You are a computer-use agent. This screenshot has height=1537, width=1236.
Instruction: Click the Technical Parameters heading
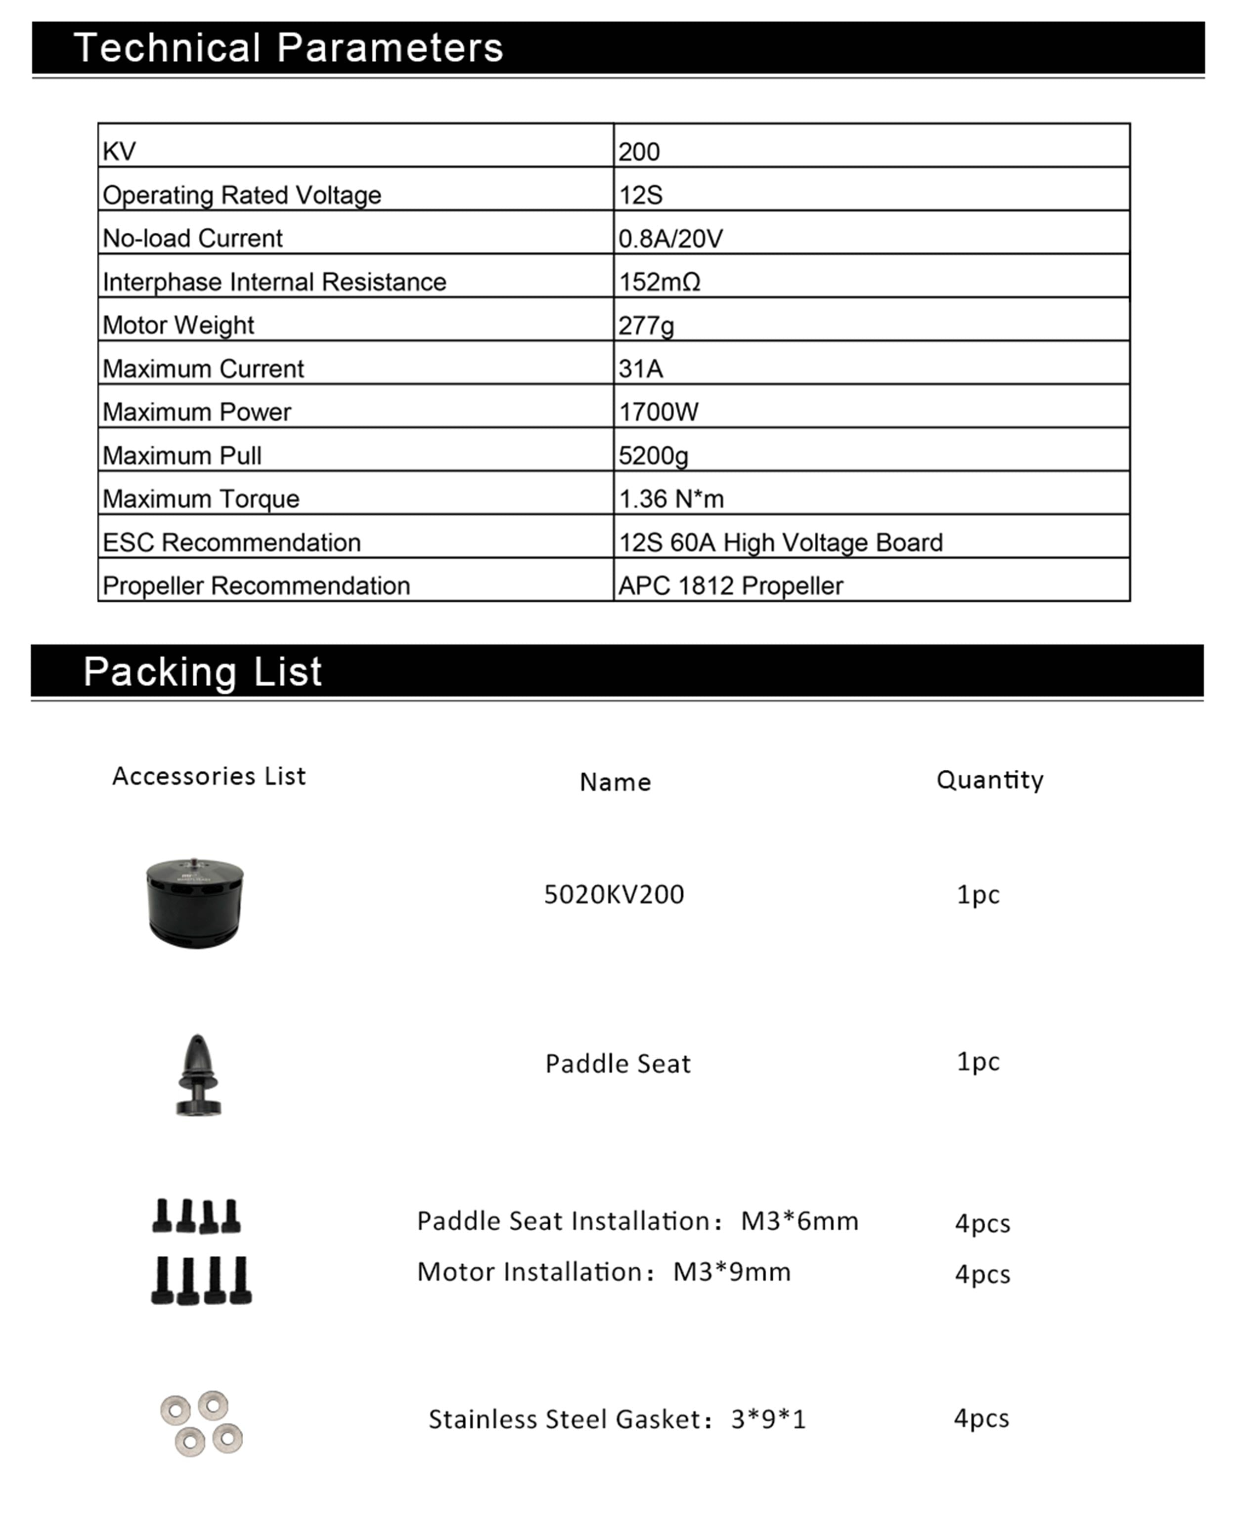(288, 48)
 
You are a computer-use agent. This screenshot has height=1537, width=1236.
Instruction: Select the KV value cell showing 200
(639, 152)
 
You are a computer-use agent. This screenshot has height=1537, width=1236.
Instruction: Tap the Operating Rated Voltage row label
(242, 195)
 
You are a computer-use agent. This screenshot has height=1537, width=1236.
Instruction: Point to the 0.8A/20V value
(670, 238)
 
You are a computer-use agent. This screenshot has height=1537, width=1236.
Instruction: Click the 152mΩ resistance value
(660, 282)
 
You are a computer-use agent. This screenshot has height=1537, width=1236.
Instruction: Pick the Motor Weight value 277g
(646, 326)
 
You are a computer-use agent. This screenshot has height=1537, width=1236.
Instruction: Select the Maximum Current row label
(203, 369)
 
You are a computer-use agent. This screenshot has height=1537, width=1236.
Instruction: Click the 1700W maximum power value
(659, 412)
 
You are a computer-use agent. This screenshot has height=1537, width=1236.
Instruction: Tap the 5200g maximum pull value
(653, 456)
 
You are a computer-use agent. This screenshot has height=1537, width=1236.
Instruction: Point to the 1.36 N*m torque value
(671, 499)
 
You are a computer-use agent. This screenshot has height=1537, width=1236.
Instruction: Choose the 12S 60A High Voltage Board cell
(780, 542)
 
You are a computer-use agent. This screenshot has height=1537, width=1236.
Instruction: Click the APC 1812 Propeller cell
(730, 586)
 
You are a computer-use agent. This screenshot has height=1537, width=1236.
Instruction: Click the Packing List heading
(203, 671)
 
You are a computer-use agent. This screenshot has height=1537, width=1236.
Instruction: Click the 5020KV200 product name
(614, 894)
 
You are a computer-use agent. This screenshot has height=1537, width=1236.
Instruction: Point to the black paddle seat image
(198, 1075)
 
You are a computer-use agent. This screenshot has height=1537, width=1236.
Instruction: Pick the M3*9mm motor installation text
(732, 1272)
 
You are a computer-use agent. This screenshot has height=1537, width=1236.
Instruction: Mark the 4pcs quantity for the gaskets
(981, 1418)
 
